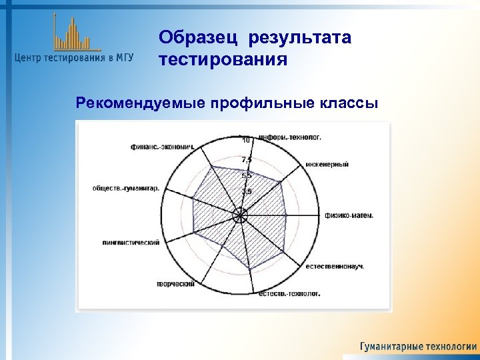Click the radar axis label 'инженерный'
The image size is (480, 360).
click(327, 164)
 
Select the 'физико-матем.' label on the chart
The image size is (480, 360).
click(349, 215)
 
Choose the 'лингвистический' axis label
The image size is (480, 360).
click(131, 242)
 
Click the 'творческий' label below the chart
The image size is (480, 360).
click(175, 284)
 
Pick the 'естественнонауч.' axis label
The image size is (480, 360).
click(335, 267)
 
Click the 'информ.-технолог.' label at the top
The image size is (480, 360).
click(294, 137)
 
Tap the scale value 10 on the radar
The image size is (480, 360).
click(246, 140)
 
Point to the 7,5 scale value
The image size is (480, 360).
click(247, 159)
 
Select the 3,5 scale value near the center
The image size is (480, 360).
click(247, 192)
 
